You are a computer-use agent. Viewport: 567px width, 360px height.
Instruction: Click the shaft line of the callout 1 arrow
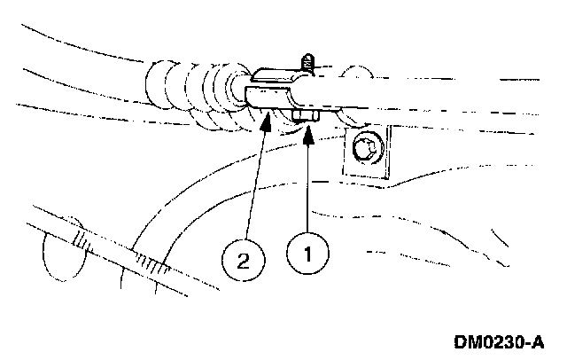[307, 186]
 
